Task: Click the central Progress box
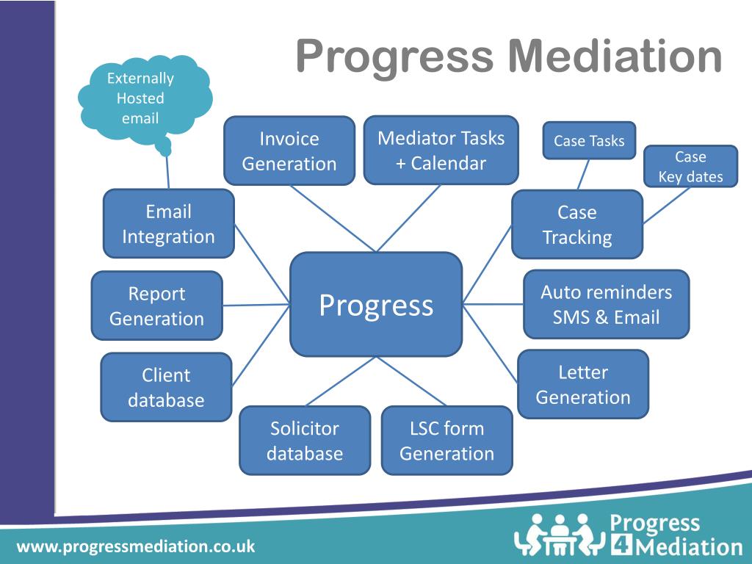[376, 305]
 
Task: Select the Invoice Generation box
[289, 151]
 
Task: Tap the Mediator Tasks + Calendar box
[441, 150]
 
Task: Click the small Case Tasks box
[589, 140]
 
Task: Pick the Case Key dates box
[690, 167]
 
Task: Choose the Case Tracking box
[577, 225]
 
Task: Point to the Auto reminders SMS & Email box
[606, 304]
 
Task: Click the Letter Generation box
[583, 384]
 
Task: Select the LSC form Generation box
[446, 441]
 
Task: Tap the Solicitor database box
[305, 441]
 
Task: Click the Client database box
[166, 387]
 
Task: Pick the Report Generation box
[156, 305]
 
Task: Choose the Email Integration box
[168, 224]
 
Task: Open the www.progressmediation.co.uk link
[136, 546]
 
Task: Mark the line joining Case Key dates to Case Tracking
[666, 206]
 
